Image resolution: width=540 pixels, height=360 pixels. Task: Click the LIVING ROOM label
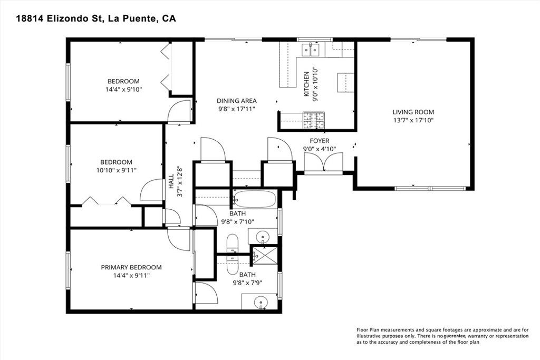(x=413, y=112)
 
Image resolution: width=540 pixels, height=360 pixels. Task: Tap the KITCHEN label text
(x=306, y=84)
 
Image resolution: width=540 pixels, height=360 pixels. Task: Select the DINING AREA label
(x=237, y=101)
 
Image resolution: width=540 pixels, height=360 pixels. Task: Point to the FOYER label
(x=319, y=141)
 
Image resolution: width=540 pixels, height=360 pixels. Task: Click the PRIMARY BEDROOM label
(x=131, y=267)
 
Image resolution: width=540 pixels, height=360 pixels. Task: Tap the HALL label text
(x=171, y=181)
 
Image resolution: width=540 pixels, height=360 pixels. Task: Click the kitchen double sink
(x=311, y=50)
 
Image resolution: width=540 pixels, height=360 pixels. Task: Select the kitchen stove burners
(x=314, y=121)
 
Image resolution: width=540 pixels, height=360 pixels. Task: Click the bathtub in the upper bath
(x=255, y=199)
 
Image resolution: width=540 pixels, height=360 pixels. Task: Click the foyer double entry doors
(x=324, y=162)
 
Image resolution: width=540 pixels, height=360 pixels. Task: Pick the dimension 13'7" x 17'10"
(x=413, y=121)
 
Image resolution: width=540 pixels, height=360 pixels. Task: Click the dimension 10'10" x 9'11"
(x=117, y=170)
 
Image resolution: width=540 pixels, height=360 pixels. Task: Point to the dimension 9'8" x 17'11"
(x=237, y=109)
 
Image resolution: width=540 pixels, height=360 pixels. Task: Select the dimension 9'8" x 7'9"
(x=248, y=283)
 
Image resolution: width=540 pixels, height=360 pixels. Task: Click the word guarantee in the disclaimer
(x=455, y=336)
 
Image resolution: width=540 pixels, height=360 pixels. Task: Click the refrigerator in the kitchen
(x=345, y=83)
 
